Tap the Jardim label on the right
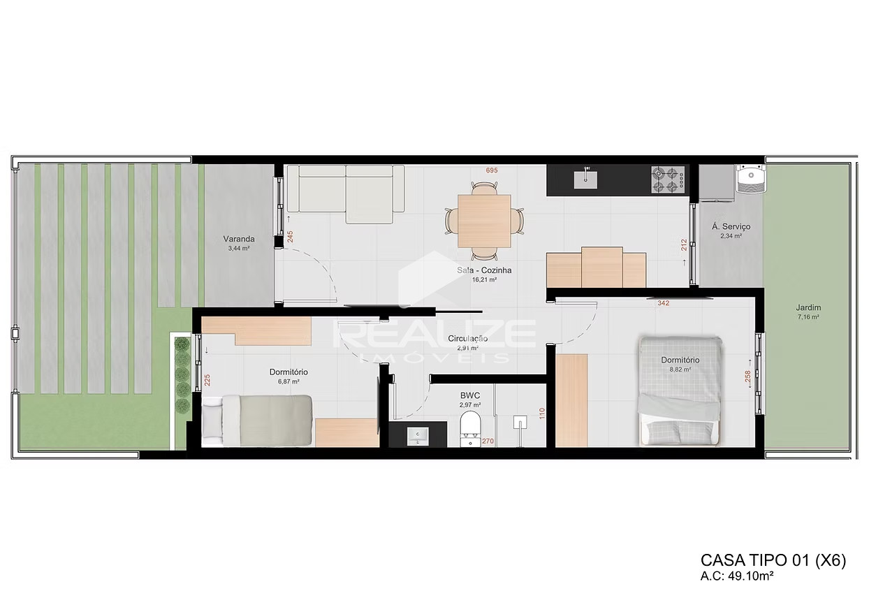click(x=808, y=307)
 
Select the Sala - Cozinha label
click(x=485, y=270)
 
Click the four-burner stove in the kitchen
click(x=669, y=180)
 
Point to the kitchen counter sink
click(x=585, y=179)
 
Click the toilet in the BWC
click(x=471, y=427)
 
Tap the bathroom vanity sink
click(x=418, y=435)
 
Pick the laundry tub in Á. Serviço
click(x=752, y=180)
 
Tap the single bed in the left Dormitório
click(x=257, y=419)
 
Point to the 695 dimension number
click(x=493, y=170)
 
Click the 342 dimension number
click(x=664, y=303)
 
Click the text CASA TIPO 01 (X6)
click(x=773, y=561)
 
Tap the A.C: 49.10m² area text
click(x=740, y=577)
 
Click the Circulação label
click(x=467, y=338)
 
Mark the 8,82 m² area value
click(x=680, y=370)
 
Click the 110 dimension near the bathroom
click(x=541, y=414)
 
